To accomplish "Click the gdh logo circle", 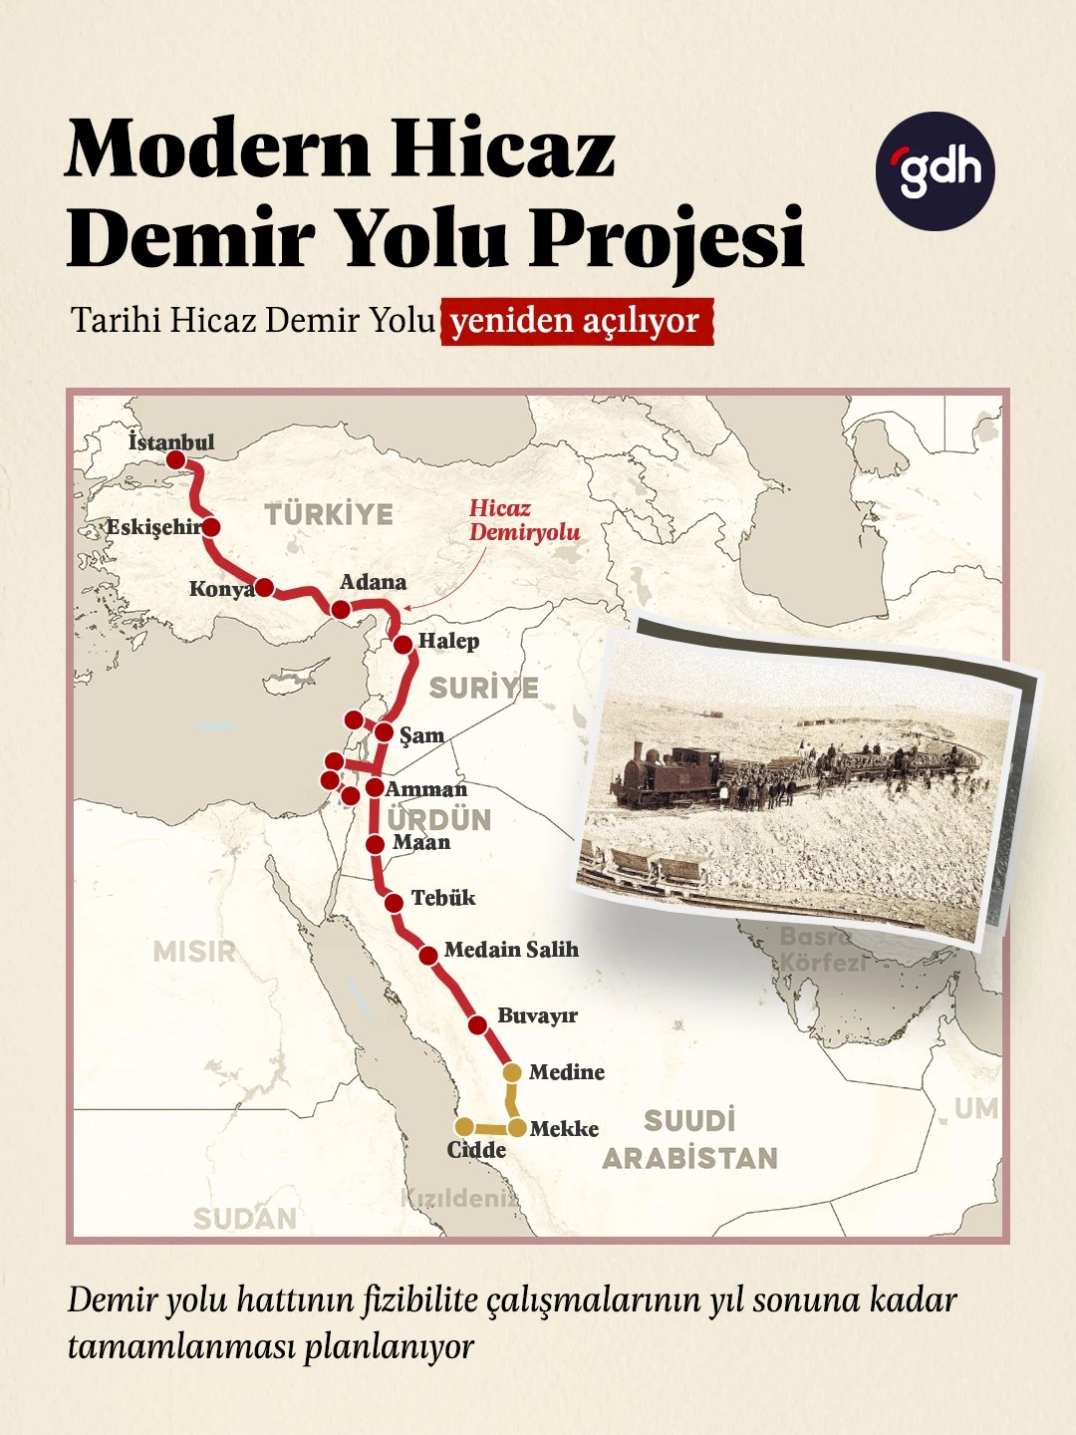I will [935, 171].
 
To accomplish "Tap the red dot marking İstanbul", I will [175, 459].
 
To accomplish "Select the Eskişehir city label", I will [153, 527].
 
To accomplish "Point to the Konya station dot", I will [264, 587].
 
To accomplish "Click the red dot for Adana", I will [341, 610].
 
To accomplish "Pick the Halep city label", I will [448, 641].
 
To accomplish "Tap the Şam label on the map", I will [421, 735].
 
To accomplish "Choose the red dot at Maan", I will [375, 844].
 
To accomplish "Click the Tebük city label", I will [443, 898].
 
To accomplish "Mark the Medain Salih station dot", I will [428, 955].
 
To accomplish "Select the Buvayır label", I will [537, 1015].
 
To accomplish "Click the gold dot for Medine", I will [512, 1072].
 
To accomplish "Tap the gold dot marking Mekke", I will [518, 1128].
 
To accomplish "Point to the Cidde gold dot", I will [464, 1126].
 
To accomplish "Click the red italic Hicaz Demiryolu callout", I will [524, 520].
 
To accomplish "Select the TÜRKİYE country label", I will [329, 514].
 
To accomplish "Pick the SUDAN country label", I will [245, 1218].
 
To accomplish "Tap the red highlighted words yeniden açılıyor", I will [576, 322].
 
